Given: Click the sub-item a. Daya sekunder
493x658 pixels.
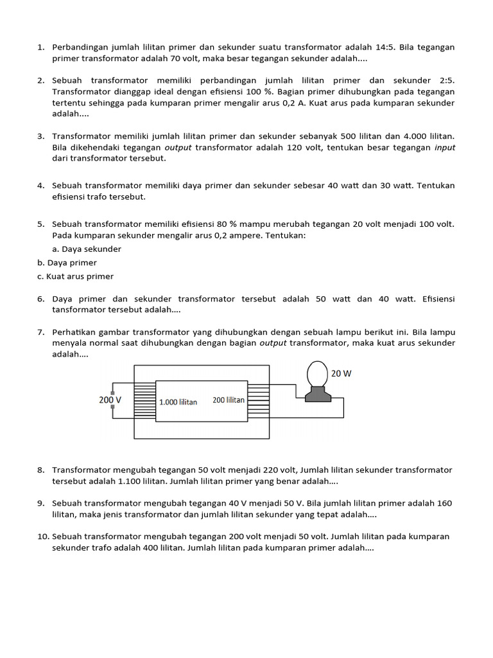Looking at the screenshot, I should tap(87, 249).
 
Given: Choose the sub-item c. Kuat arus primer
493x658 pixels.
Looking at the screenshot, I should tap(75, 276).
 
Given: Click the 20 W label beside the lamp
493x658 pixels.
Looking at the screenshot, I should tap(341, 373).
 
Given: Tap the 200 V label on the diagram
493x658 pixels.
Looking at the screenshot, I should tap(110, 400).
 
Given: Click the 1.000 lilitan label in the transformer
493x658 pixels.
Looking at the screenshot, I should tap(178, 402).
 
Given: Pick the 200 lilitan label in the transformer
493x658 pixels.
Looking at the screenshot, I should tap(228, 400).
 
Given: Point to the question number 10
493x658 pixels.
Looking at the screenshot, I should tap(42, 536).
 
